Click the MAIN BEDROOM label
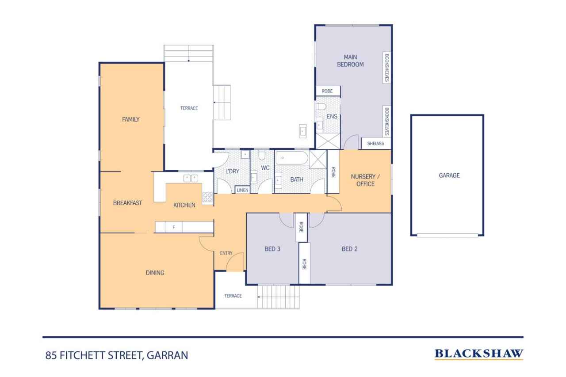pyautogui.click(x=350, y=61)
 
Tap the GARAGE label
pyautogui.click(x=449, y=175)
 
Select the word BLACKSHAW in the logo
pyautogui.click(x=479, y=354)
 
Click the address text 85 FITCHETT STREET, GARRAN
pyautogui.click(x=117, y=355)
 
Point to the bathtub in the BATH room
pyautogui.click(x=291, y=158)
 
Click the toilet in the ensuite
pyautogui.click(x=321, y=107)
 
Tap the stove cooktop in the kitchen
pyautogui.click(x=207, y=197)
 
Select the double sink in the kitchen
pyautogui.click(x=191, y=178)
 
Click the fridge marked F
pyautogui.click(x=173, y=227)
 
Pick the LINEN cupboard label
pyautogui.click(x=242, y=190)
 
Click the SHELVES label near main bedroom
pyautogui.click(x=375, y=144)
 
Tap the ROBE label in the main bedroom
pyautogui.click(x=327, y=91)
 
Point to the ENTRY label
pyautogui.click(x=226, y=253)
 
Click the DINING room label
pyautogui.click(x=155, y=273)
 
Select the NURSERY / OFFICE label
pyautogui.click(x=365, y=180)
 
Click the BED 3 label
pyautogui.click(x=272, y=249)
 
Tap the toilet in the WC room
pyautogui.click(x=262, y=155)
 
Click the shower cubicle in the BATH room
pyautogui.click(x=318, y=159)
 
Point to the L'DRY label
pyautogui.click(x=232, y=171)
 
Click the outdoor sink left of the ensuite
pyautogui.click(x=303, y=131)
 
